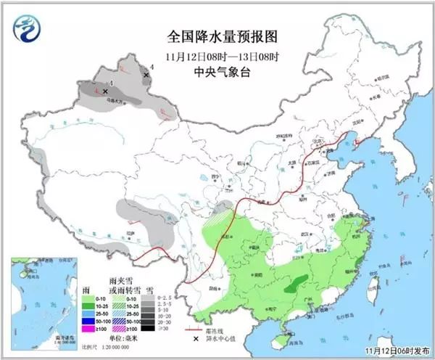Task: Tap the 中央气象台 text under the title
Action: pyautogui.click(x=223, y=71)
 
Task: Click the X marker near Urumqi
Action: pyautogui.click(x=105, y=91)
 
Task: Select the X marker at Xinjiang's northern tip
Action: pyautogui.click(x=146, y=74)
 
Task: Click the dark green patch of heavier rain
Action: pyautogui.click(x=294, y=287)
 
